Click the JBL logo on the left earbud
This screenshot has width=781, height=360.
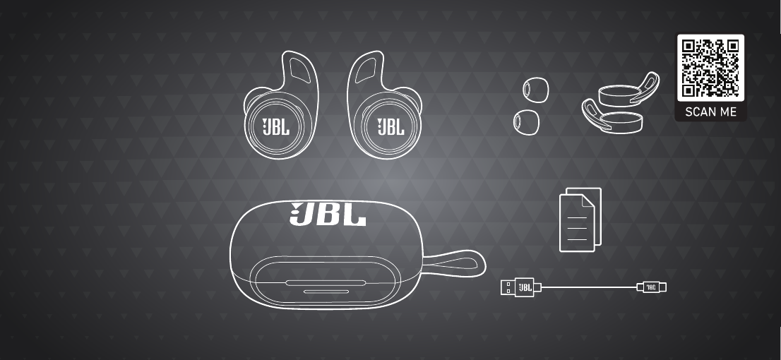point(275,127)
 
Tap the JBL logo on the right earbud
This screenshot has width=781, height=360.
point(391,127)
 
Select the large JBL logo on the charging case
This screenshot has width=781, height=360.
point(328,214)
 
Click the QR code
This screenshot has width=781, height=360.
point(710,68)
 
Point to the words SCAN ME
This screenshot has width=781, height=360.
point(710,112)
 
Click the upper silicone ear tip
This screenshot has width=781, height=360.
point(536,90)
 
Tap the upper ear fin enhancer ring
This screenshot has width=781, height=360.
point(628,91)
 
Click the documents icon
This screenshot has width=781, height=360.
point(580,220)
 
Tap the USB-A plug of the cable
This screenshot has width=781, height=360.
point(518,287)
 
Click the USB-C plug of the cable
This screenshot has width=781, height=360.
point(652,287)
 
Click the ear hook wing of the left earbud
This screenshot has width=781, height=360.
point(299,71)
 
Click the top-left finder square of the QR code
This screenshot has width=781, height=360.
point(689,47)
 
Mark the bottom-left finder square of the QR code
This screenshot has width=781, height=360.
point(689,90)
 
